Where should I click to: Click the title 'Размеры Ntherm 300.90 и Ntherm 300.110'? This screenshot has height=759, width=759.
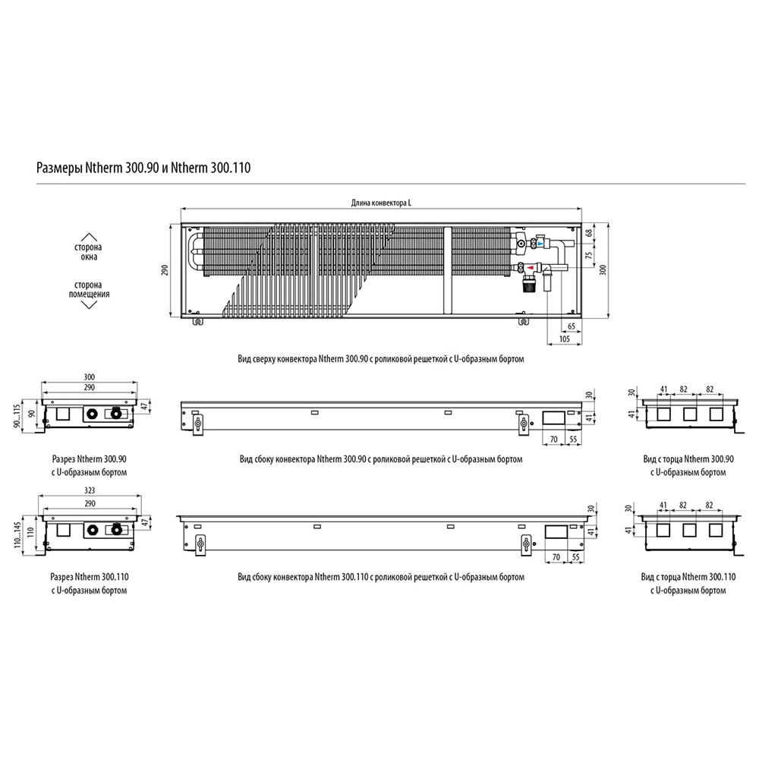(x=143, y=168)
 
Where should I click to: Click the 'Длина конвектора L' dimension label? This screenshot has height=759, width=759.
(x=382, y=203)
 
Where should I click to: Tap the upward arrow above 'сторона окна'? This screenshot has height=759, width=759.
(x=89, y=237)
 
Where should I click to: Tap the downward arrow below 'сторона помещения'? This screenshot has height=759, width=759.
(x=89, y=304)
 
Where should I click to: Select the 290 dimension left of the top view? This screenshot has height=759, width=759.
(x=165, y=270)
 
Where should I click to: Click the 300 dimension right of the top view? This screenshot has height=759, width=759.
(x=603, y=269)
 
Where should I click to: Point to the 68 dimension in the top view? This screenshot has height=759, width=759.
(x=589, y=233)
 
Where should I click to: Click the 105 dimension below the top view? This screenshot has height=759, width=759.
(x=565, y=339)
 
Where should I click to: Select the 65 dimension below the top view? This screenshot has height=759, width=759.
(x=572, y=326)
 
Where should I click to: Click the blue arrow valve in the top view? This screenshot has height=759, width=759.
(x=539, y=244)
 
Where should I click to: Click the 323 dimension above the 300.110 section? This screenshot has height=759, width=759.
(x=90, y=490)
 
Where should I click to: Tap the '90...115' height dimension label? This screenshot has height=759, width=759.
(x=17, y=416)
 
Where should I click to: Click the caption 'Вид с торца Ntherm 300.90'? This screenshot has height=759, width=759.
(x=688, y=459)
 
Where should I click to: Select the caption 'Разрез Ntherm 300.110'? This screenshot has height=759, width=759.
(x=90, y=577)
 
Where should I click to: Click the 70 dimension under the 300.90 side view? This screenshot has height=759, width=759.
(x=554, y=439)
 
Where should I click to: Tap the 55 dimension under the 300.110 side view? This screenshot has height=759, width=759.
(x=575, y=557)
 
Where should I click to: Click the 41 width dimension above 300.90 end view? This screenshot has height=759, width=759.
(x=663, y=389)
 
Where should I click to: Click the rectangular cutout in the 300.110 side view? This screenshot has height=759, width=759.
(x=556, y=532)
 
